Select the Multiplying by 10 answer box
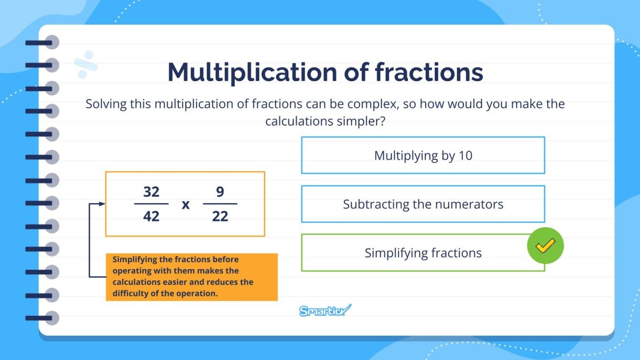click(423, 155)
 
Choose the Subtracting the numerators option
click(423, 205)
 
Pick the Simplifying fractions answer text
click(423, 253)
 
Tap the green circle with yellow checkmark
click(545, 246)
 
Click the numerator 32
click(151, 192)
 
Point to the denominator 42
click(151, 216)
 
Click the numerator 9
click(220, 192)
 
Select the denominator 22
click(220, 216)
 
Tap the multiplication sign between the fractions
click(186, 205)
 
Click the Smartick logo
click(325, 310)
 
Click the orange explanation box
click(191, 277)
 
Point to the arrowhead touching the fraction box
click(102, 204)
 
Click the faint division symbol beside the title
click(86, 65)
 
